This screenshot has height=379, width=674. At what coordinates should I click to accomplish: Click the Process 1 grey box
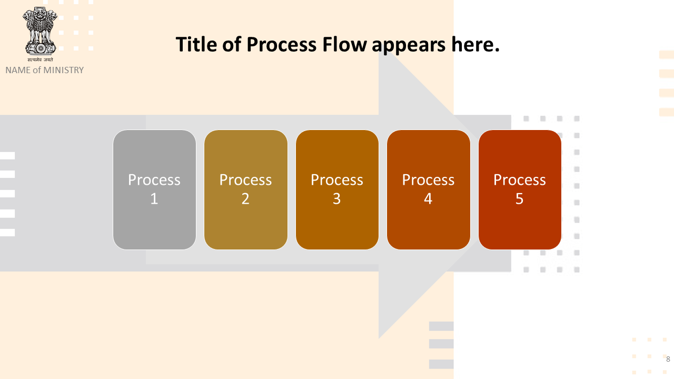click(x=154, y=189)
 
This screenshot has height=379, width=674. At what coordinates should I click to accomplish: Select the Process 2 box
click(x=246, y=189)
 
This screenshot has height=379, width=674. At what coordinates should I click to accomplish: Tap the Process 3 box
click(x=337, y=189)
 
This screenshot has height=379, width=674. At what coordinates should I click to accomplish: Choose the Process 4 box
click(x=429, y=189)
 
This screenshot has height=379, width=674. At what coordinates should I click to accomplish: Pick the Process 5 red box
click(x=520, y=189)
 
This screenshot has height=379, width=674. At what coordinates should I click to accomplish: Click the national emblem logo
click(x=40, y=31)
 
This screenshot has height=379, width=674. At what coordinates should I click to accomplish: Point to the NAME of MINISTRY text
click(x=45, y=70)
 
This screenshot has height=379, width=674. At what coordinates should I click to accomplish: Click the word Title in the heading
click(x=196, y=45)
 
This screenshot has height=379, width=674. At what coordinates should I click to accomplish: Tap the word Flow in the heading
click(x=344, y=45)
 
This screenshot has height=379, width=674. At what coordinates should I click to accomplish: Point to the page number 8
click(x=668, y=359)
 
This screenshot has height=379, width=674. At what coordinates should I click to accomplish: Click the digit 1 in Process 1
click(x=154, y=199)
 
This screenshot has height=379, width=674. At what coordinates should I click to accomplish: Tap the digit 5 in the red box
click(x=520, y=199)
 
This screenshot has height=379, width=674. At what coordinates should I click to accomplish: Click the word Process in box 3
click(x=337, y=180)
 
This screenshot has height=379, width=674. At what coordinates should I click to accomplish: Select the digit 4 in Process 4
click(x=428, y=199)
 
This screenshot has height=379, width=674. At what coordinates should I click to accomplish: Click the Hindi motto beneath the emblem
click(x=41, y=59)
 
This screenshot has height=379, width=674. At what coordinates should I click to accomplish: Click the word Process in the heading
click(x=281, y=45)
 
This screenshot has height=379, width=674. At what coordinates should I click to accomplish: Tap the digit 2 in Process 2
click(x=245, y=199)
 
